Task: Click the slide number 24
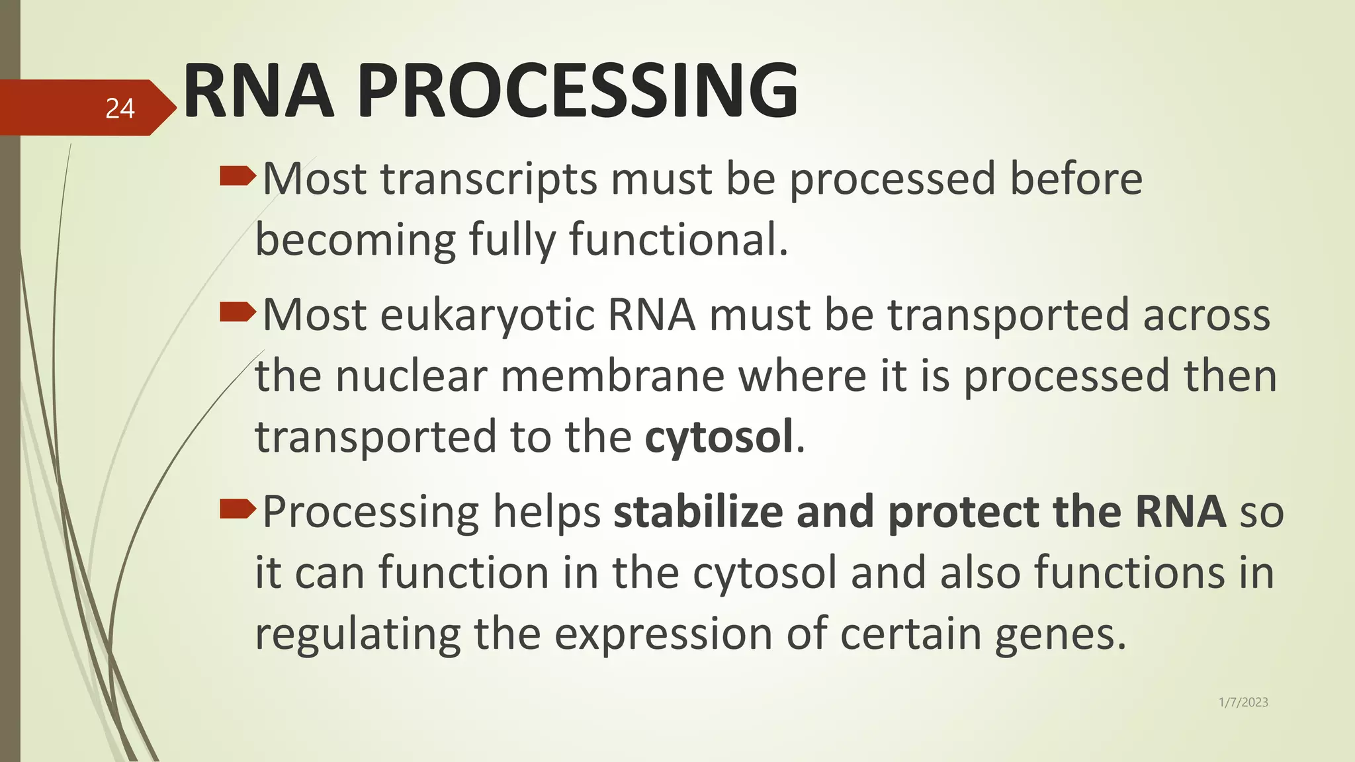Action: tap(120, 108)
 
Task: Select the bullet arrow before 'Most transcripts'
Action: tap(237, 176)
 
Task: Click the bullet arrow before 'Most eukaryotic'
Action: tap(237, 312)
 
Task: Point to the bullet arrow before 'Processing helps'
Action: tap(237, 509)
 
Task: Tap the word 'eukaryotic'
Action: tap(487, 316)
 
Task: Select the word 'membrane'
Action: tap(612, 376)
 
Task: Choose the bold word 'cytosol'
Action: tap(719, 437)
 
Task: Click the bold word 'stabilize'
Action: tap(698, 512)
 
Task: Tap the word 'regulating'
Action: tap(357, 634)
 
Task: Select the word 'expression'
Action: tap(663, 634)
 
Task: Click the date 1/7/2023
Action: tap(1243, 702)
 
